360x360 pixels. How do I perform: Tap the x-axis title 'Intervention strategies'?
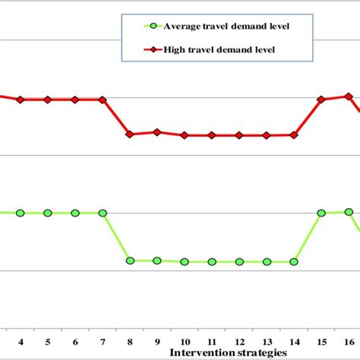tap(228, 352)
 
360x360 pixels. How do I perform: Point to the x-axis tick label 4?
tap(21, 341)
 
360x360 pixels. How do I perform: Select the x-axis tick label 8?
tap(130, 341)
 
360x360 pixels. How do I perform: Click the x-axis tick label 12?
tap(239, 341)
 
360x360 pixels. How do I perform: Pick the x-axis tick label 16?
tap(349, 341)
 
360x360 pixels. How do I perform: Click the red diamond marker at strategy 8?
tap(130, 134)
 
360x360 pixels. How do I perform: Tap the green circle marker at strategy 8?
tap(130, 261)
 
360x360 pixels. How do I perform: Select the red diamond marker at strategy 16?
tap(349, 96)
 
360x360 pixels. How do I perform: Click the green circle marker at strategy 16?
tap(349, 212)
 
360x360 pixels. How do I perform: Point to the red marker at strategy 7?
tap(103, 99)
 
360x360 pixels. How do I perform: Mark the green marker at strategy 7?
tap(103, 213)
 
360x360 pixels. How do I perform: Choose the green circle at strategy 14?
tap(294, 261)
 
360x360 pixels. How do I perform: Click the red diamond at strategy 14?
tap(294, 134)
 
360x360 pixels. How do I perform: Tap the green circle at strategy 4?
tap(21, 213)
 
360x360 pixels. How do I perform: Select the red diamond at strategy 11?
tap(212, 135)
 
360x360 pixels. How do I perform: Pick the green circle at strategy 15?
tap(321, 213)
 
